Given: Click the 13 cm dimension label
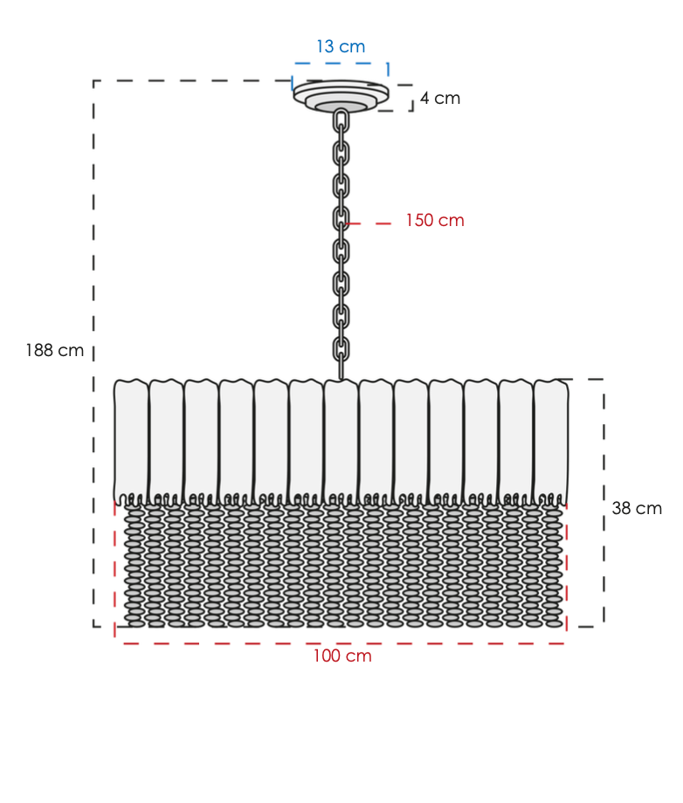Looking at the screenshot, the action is (x=341, y=46).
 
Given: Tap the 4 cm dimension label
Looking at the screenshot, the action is (x=440, y=99).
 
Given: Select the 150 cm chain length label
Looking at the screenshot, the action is (x=435, y=220).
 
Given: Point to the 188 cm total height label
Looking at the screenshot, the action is (x=55, y=350).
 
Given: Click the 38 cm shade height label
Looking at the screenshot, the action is (x=637, y=508).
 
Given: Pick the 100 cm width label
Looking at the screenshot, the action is (x=342, y=655).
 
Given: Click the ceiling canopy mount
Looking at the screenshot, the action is (x=341, y=96).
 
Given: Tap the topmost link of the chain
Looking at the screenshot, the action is (x=341, y=121).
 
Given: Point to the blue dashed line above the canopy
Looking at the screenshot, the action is (x=341, y=64).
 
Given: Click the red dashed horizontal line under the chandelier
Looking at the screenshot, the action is (x=341, y=643).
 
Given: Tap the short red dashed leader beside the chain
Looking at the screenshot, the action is (x=369, y=223).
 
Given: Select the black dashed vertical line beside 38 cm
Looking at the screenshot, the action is (x=604, y=503).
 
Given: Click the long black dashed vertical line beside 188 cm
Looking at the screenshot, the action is (x=93, y=353).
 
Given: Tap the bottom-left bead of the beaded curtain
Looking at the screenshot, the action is (x=135, y=623).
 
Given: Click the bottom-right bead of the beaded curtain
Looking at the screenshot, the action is (x=552, y=623).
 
